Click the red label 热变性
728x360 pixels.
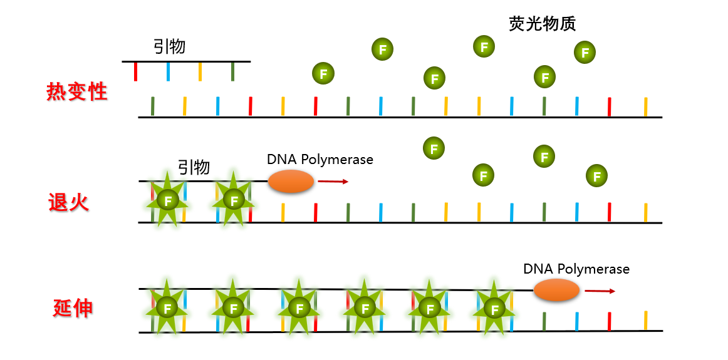[x=77, y=93]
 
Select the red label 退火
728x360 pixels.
[x=69, y=202]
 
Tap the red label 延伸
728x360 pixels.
[x=73, y=308]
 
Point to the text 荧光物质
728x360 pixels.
[x=542, y=24]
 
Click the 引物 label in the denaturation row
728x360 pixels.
[x=169, y=46]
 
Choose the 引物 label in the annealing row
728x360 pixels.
[x=194, y=167]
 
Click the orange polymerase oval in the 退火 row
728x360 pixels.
[x=291, y=182]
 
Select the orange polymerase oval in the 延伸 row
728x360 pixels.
[x=556, y=291]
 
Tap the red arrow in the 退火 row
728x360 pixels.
[x=333, y=182]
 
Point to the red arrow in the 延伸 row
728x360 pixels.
[x=600, y=291]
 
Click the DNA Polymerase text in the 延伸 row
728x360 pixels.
[x=576, y=269]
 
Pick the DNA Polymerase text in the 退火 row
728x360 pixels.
[x=320, y=160]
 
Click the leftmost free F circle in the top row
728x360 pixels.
[x=323, y=74]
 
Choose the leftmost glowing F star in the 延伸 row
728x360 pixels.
[x=167, y=307]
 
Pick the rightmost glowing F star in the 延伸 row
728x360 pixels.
[x=495, y=309]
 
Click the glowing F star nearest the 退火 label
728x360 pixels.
[x=167, y=200]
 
